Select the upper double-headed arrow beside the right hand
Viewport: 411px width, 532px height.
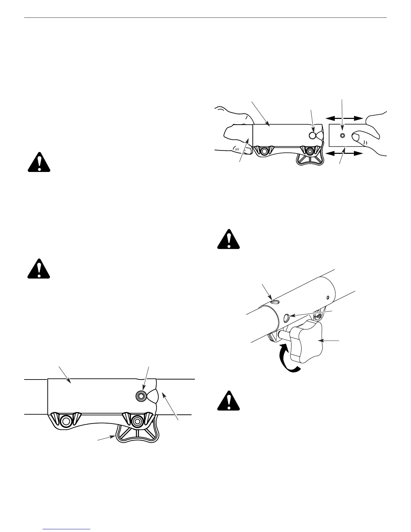[344, 118]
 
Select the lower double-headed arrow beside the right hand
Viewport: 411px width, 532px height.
[344, 153]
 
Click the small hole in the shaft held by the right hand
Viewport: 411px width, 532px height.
[342, 135]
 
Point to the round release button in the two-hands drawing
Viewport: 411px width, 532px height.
[313, 135]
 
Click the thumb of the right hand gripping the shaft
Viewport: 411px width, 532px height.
[359, 137]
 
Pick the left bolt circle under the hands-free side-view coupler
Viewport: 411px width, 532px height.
[66, 421]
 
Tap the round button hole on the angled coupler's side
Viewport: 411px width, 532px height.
[286, 317]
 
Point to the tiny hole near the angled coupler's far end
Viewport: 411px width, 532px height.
[328, 297]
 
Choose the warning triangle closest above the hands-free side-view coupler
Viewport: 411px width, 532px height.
[39, 268]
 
